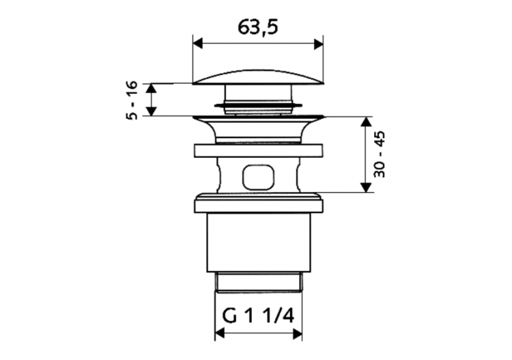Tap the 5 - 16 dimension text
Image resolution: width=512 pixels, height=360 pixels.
click(132, 100)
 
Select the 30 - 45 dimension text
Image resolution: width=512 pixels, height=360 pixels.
click(380, 155)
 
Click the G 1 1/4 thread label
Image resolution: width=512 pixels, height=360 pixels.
click(258, 316)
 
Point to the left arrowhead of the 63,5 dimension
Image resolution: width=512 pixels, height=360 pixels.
click(197, 44)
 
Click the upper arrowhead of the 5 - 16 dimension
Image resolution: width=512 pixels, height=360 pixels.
click(153, 87)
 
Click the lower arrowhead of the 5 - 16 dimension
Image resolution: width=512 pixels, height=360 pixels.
click(153, 111)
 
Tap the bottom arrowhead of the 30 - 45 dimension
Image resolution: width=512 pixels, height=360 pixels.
click(367, 187)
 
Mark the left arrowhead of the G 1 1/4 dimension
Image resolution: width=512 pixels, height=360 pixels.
click(220, 335)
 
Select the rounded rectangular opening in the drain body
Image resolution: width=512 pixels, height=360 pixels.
click(258, 178)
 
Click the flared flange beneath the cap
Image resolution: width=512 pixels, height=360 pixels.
click(257, 126)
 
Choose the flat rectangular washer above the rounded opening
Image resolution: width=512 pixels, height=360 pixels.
click(257, 152)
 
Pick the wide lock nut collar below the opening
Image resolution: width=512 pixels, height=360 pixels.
click(257, 203)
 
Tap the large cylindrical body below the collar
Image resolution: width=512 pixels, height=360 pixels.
click(257, 239)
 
